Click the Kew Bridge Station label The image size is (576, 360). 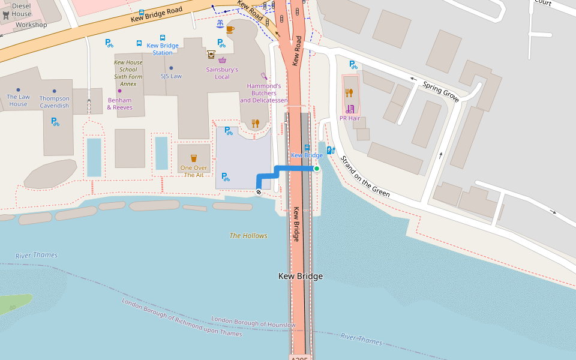(x=162, y=49)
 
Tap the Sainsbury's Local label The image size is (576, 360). (x=222, y=73)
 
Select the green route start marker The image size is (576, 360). (x=317, y=169)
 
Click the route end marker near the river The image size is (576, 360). (x=259, y=192)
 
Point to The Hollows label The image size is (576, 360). (x=248, y=236)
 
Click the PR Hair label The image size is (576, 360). (x=349, y=118)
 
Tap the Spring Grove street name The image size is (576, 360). (x=441, y=92)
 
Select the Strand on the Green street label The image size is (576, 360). (x=365, y=176)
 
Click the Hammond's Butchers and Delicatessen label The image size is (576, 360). (x=264, y=93)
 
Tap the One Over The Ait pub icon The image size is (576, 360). (x=194, y=158)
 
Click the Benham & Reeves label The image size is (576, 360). (x=119, y=104)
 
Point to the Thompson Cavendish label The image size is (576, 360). (x=54, y=102)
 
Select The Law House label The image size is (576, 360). (x=18, y=100)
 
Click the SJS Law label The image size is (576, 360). (x=171, y=76)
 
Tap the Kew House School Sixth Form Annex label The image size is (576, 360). (x=128, y=73)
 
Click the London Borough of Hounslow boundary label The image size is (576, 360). (x=253, y=322)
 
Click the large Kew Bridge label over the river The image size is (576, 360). (x=301, y=277)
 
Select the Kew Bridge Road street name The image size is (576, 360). (x=157, y=15)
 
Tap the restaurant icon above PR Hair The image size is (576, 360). (x=349, y=93)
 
